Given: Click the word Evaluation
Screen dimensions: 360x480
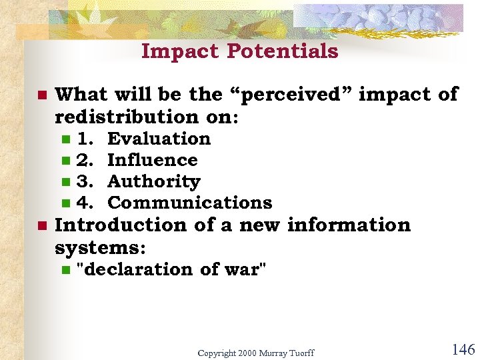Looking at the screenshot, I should tap(159, 139).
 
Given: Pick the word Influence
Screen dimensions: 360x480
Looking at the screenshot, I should tap(152, 160).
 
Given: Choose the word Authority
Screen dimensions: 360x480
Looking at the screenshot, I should tap(153, 181).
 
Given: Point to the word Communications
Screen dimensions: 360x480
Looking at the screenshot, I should tap(189, 203).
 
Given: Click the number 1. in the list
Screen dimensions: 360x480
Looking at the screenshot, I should tap(85, 139).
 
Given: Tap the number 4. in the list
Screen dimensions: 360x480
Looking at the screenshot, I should tap(85, 203).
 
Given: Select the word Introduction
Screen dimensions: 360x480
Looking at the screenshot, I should tap(121, 225).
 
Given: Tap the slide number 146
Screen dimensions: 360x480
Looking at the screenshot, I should tap(463, 349).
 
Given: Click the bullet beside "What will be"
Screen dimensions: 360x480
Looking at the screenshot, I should tap(41, 95).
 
